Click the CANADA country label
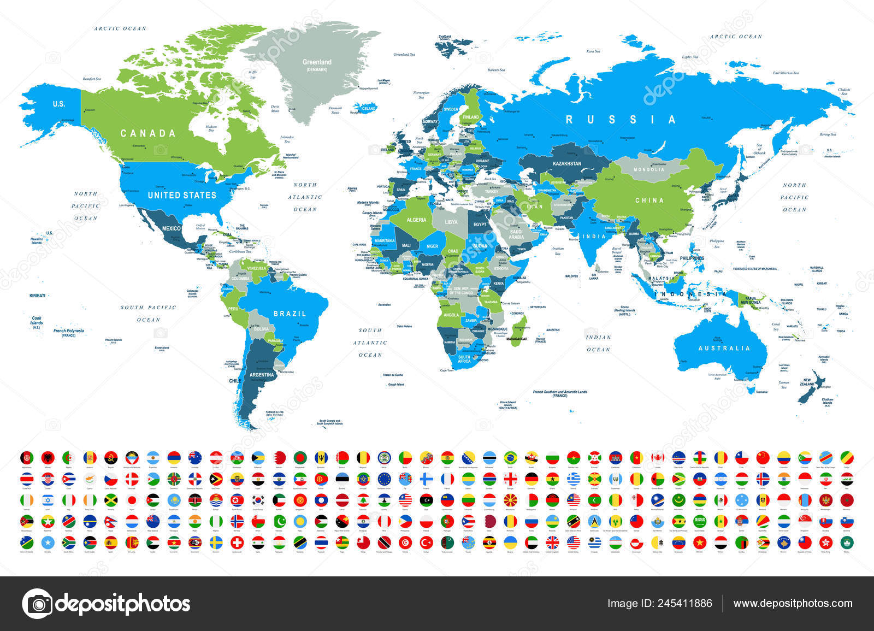click(148, 133)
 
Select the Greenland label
click(317, 63)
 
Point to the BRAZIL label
click(290, 314)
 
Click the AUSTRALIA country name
click(724, 348)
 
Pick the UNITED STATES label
click(182, 195)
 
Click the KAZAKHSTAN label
click(566, 163)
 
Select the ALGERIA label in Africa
click(416, 220)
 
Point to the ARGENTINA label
click(262, 375)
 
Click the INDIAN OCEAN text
click(598, 343)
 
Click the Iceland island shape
click(365, 107)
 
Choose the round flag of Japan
click(132, 500)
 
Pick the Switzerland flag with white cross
click(237, 542)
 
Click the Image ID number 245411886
click(659, 603)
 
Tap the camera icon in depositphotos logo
click(37, 604)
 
